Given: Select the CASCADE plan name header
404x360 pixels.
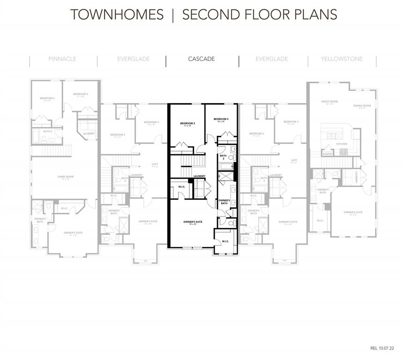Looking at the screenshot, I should (x=202, y=59).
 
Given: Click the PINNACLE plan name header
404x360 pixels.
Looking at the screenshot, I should (x=62, y=59).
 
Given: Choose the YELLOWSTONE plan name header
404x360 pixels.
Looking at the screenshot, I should (x=342, y=59).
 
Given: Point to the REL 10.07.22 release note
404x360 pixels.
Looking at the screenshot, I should (x=382, y=348).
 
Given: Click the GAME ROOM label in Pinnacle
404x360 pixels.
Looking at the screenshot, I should (x=66, y=177).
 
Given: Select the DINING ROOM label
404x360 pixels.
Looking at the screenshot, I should (x=362, y=105).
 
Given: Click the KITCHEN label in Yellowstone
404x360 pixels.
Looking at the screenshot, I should (x=342, y=144).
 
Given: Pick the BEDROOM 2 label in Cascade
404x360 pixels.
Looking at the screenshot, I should (x=187, y=123).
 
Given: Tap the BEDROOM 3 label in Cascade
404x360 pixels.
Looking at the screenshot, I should (x=221, y=119).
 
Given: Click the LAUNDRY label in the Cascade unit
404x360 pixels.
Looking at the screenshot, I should (x=199, y=176).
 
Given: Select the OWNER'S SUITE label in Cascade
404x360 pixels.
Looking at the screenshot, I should (x=193, y=221).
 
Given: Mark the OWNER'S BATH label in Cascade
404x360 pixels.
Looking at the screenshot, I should (x=224, y=202).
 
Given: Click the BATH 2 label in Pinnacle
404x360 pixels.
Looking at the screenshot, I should (x=47, y=132).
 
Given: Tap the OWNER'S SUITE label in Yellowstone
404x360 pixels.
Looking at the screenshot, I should (x=353, y=212).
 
